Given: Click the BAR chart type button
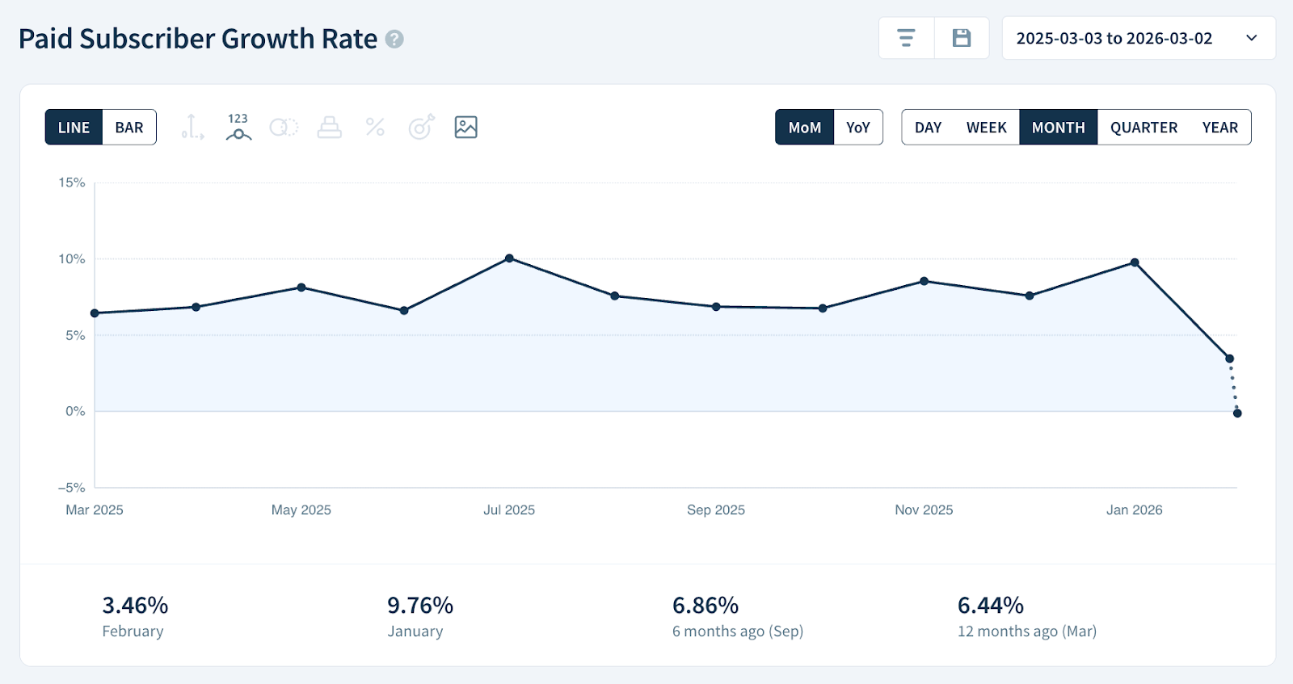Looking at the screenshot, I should [x=129, y=128].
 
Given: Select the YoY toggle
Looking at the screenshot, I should [x=857, y=128].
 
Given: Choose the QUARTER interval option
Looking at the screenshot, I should [x=1143, y=128].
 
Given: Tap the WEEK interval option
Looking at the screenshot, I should [x=986, y=128].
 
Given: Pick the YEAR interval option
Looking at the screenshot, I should [x=1219, y=128].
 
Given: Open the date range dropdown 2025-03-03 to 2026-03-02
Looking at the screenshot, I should [x=1138, y=38].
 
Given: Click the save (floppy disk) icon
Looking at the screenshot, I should [x=962, y=38].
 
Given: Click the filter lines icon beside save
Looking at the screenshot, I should [x=907, y=38].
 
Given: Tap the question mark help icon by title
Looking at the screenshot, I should [x=394, y=39].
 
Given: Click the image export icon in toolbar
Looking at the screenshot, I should [x=466, y=127].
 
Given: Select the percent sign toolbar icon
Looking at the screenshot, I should [x=375, y=127].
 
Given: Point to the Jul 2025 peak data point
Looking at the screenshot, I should [x=509, y=258].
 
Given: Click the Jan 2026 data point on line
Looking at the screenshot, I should [x=1135, y=262].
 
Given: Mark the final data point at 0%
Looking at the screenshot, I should [x=1237, y=413].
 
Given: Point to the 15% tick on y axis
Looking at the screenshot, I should [x=72, y=183].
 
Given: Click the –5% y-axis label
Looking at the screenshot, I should [x=71, y=488].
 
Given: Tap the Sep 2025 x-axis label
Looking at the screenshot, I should [x=716, y=510].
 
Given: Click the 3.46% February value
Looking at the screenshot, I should [x=135, y=606].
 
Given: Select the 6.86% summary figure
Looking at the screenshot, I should [x=705, y=606].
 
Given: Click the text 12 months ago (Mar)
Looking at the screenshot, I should [x=1026, y=632].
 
